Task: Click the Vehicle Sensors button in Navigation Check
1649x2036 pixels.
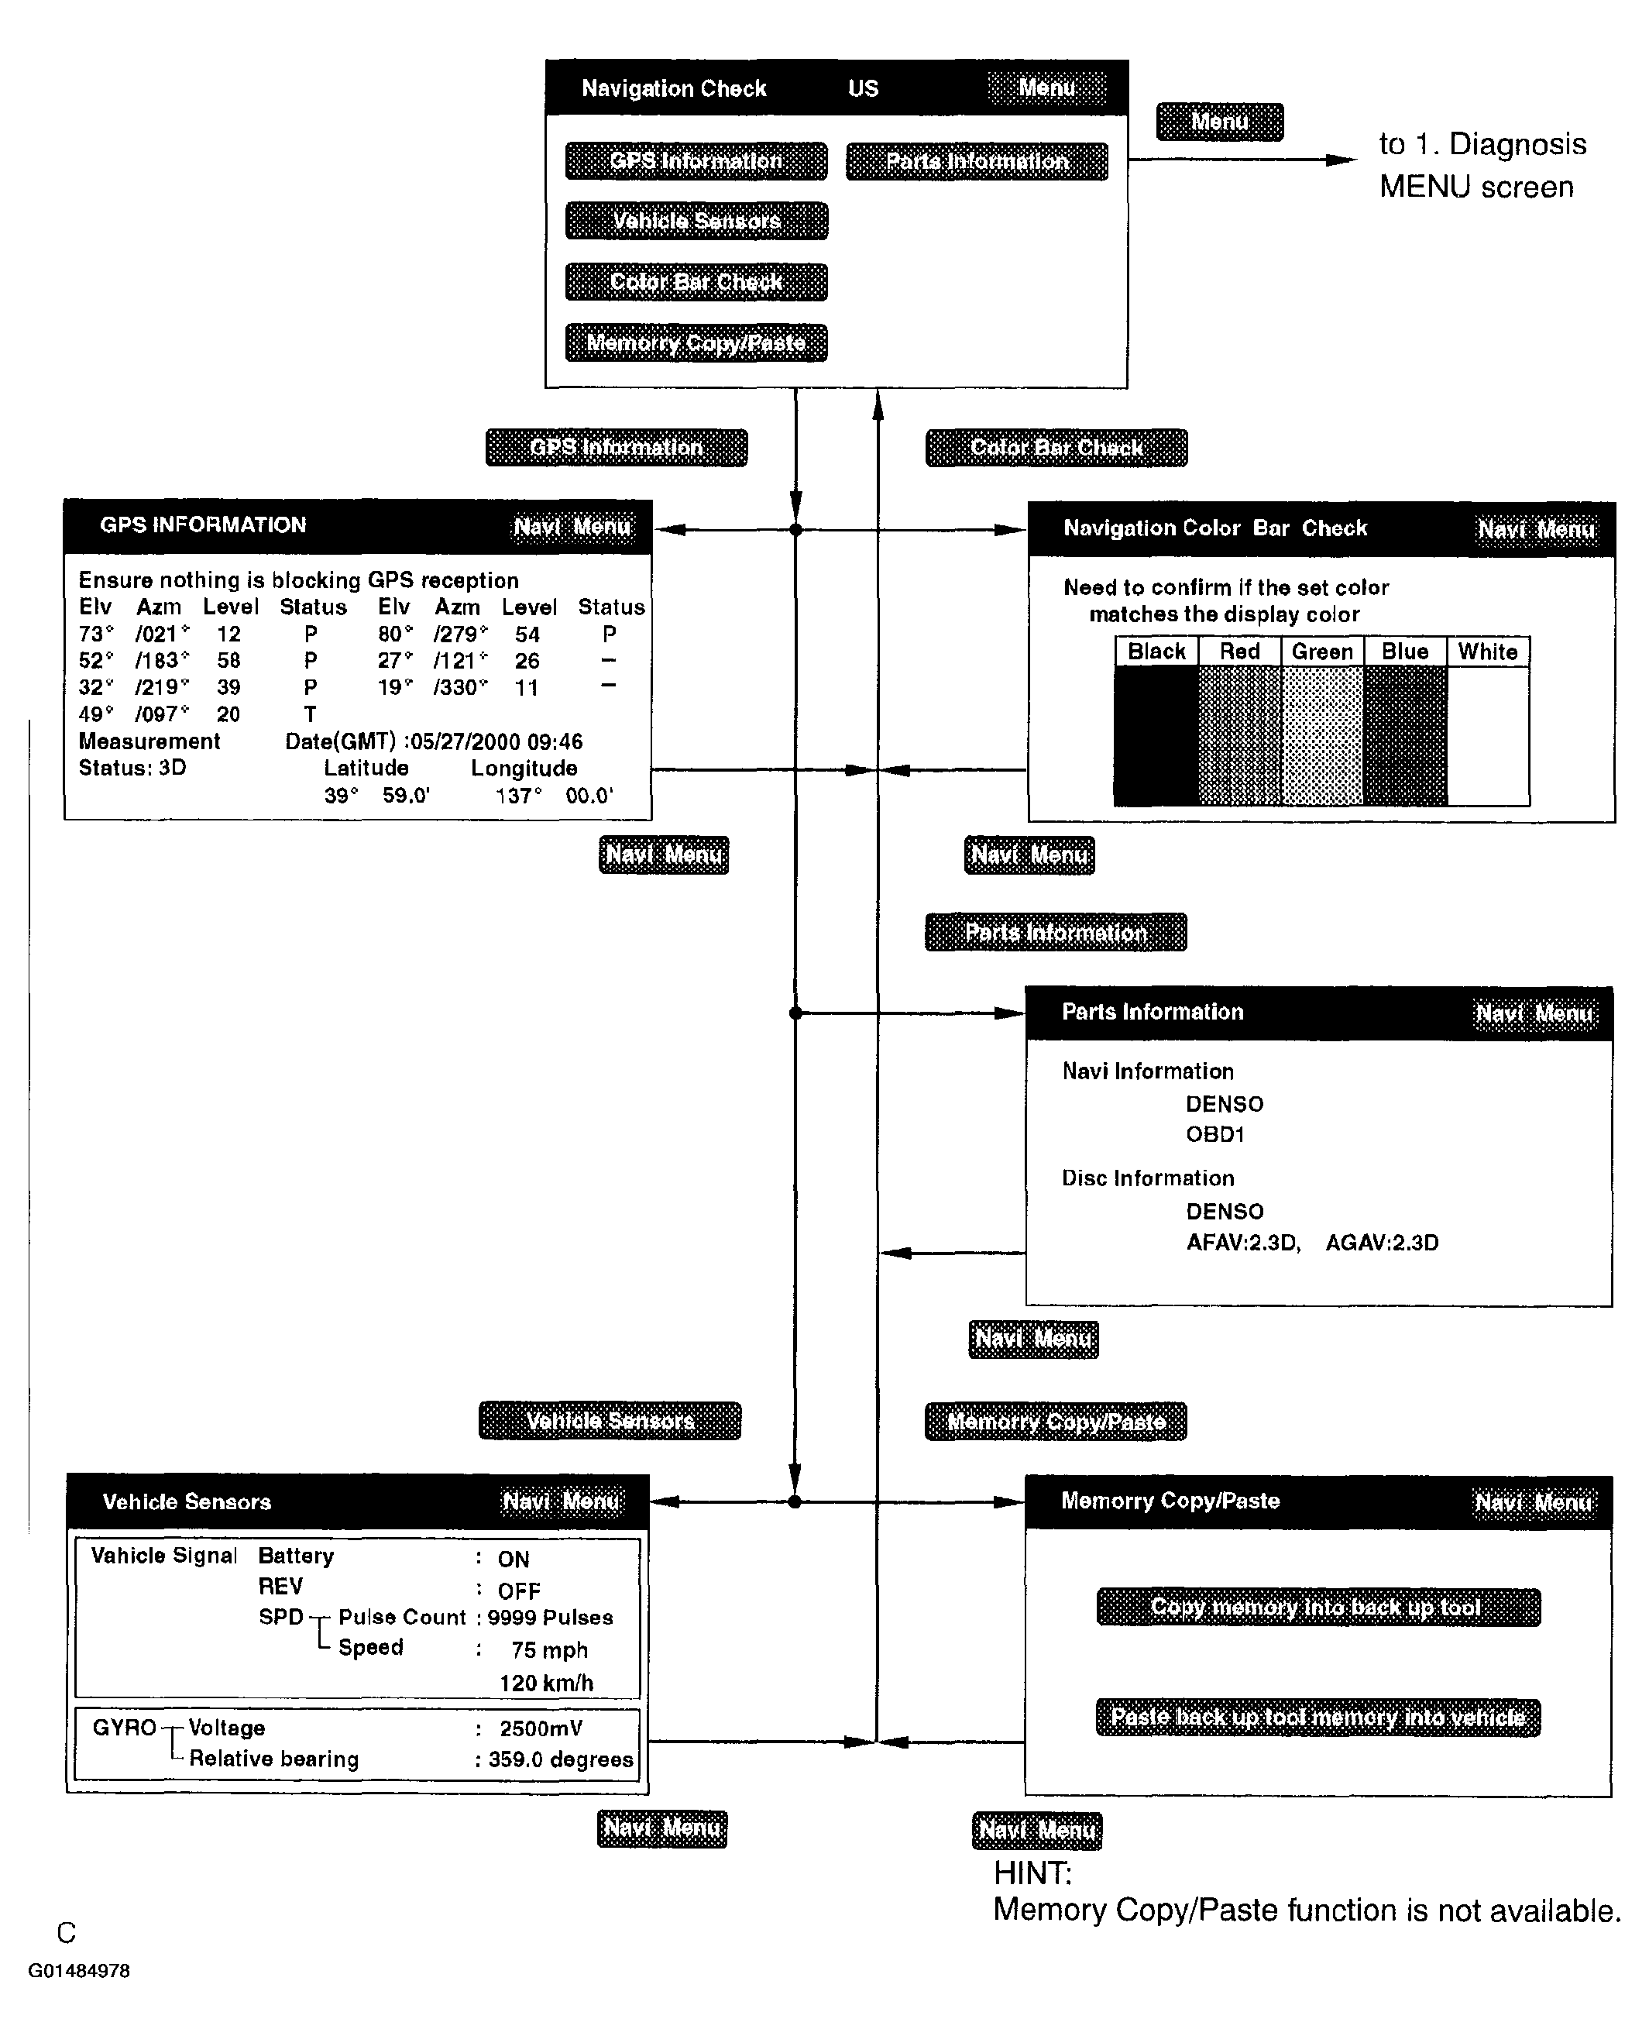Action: click(696, 221)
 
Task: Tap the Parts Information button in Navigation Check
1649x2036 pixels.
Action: click(977, 161)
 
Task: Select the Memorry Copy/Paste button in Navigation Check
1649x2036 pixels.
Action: click(696, 343)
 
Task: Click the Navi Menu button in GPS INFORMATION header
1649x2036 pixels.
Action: click(571, 526)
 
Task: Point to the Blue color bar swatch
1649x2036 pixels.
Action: click(1405, 735)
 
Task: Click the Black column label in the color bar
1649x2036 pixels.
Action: click(1156, 652)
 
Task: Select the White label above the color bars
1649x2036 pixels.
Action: click(1488, 652)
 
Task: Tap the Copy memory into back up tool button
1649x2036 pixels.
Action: click(1317, 1607)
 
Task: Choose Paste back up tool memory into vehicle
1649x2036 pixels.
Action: click(1317, 1717)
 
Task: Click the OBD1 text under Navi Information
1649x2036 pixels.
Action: click(1215, 1134)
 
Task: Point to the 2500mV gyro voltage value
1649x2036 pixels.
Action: click(541, 1728)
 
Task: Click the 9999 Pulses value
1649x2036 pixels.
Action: click(550, 1617)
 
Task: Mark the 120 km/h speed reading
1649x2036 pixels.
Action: click(546, 1683)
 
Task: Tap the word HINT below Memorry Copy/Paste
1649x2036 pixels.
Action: click(1032, 1873)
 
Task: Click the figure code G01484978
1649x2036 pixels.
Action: click(79, 1969)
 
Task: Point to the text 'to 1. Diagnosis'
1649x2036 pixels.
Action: click(1482, 144)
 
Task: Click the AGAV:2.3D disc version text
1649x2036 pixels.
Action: click(1381, 1243)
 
